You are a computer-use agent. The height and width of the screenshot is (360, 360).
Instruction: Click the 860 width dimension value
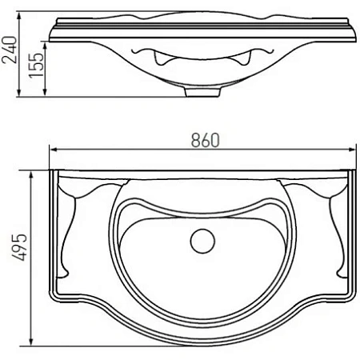point(205,139)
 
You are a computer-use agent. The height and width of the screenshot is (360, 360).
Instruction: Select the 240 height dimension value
point(9,54)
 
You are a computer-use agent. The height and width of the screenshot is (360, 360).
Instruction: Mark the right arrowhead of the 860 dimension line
point(350,150)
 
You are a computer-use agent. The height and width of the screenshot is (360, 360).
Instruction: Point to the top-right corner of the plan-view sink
point(353,171)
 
